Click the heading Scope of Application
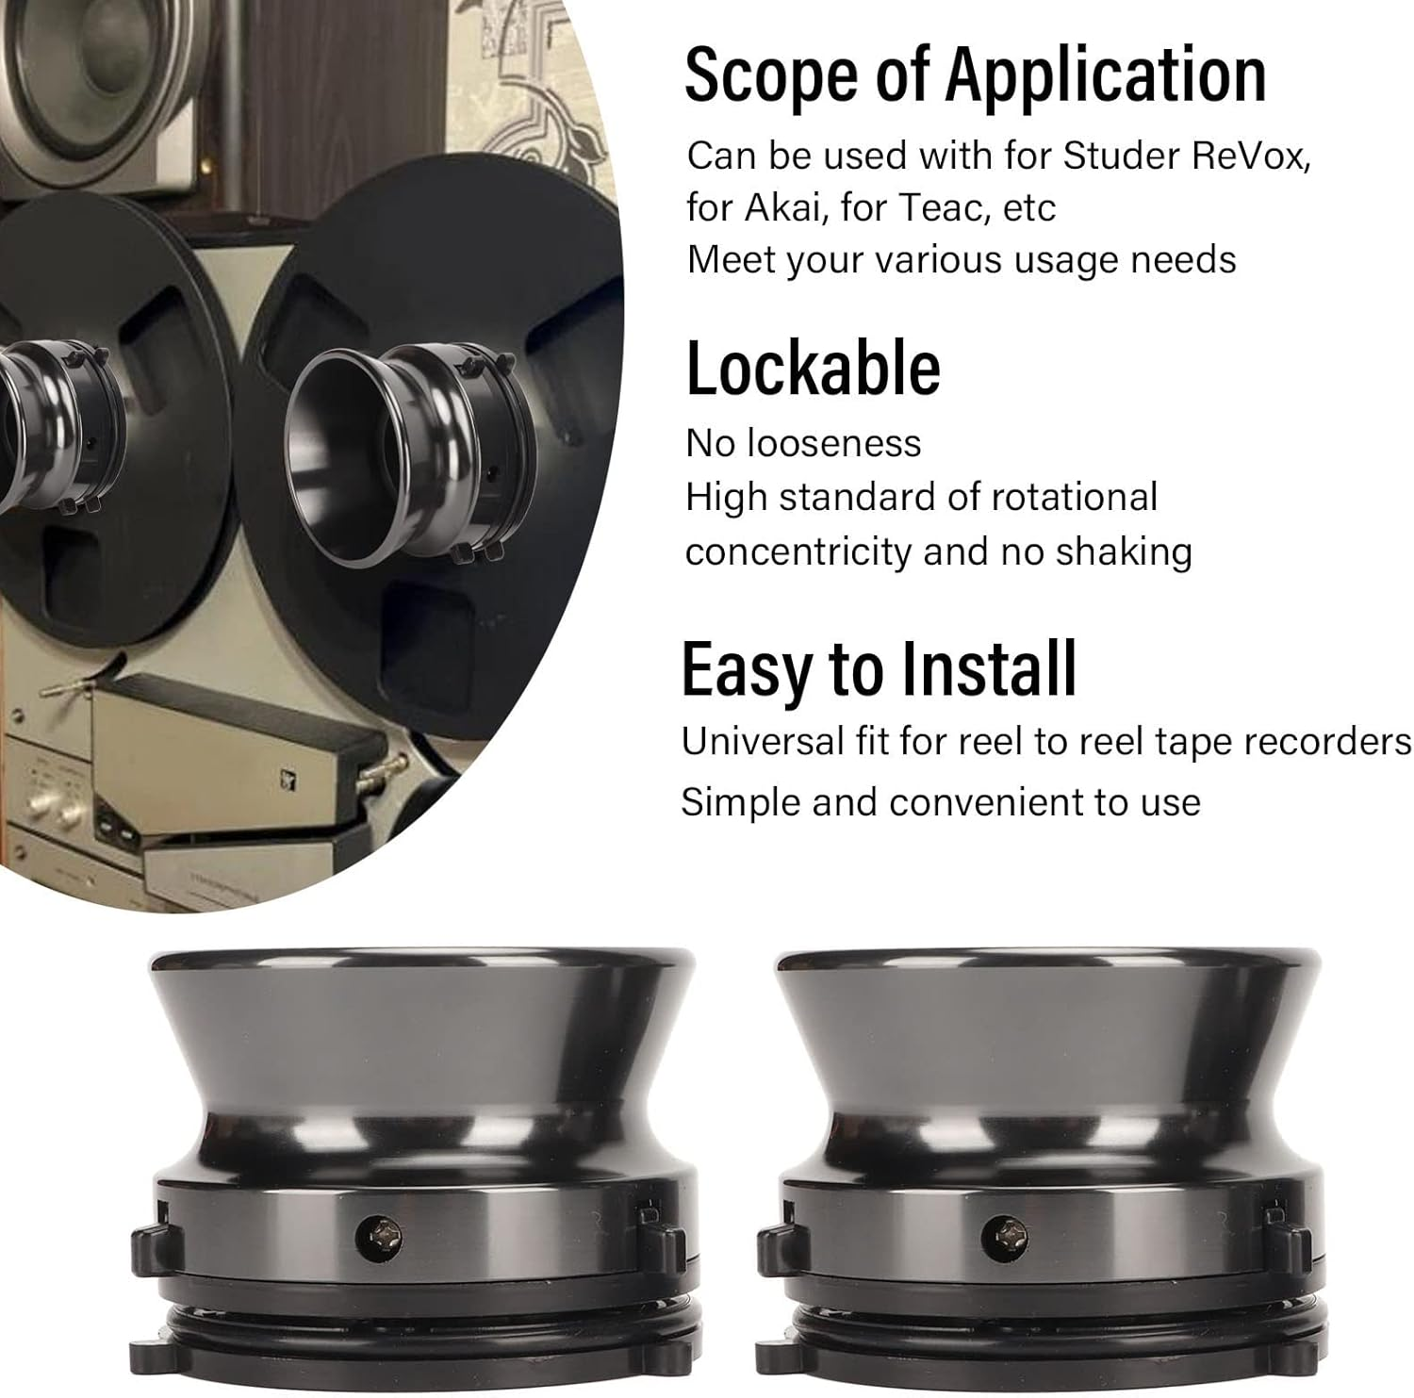pos(975,75)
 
